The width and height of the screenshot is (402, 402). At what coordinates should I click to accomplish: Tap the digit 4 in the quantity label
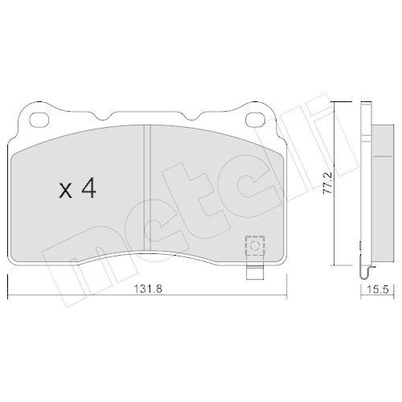(88, 191)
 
